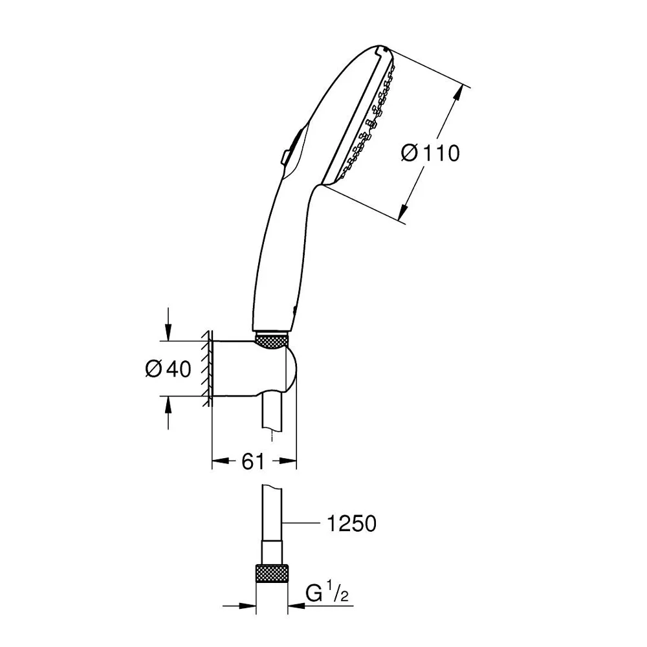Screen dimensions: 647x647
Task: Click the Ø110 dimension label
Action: [x=430, y=153]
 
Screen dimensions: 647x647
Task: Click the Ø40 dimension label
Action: [x=168, y=369]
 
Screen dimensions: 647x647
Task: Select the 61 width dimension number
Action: [x=252, y=461]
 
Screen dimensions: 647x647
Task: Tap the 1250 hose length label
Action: [x=351, y=523]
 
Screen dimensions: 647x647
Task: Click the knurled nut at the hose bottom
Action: [x=272, y=574]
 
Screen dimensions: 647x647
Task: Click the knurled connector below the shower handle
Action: [x=272, y=339]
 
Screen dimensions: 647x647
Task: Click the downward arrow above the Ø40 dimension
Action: [x=168, y=324]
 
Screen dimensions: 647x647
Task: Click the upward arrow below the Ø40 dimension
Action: [x=168, y=413]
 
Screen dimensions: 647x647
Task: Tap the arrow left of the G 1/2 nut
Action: [x=239, y=606]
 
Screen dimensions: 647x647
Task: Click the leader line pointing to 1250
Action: [x=302, y=523]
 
